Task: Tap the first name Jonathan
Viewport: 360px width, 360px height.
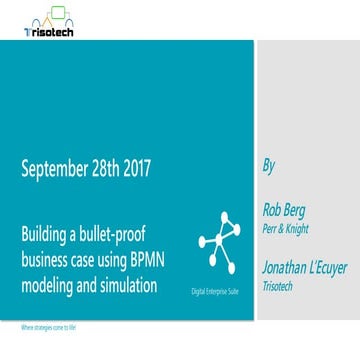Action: click(x=283, y=267)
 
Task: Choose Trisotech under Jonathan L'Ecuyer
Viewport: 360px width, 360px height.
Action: click(x=279, y=284)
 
